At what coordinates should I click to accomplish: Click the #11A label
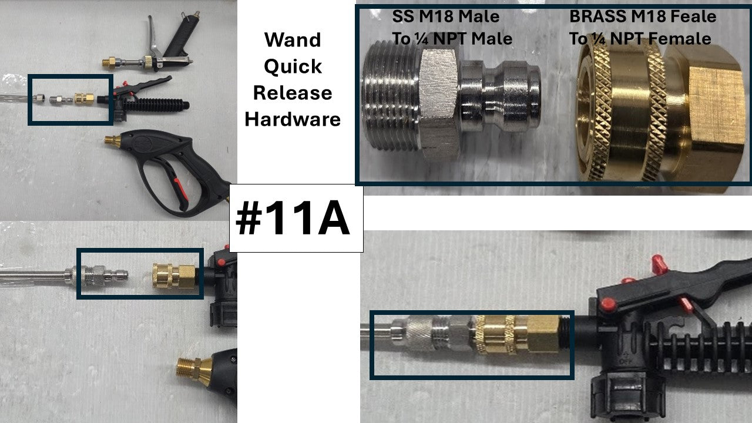pyautogui.click(x=293, y=218)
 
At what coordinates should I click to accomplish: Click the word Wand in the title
pyautogui.click(x=293, y=39)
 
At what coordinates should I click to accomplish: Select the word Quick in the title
pyautogui.click(x=293, y=66)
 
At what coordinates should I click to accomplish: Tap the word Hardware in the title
pyautogui.click(x=293, y=119)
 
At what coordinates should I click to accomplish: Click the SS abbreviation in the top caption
pyautogui.click(x=403, y=16)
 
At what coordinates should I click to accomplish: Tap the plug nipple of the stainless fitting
pyautogui.click(x=500, y=96)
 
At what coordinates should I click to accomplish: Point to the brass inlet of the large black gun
pyautogui.click(x=113, y=142)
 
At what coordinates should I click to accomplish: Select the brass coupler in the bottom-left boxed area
pyautogui.click(x=174, y=276)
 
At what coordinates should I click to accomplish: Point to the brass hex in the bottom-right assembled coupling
pyautogui.click(x=543, y=334)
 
